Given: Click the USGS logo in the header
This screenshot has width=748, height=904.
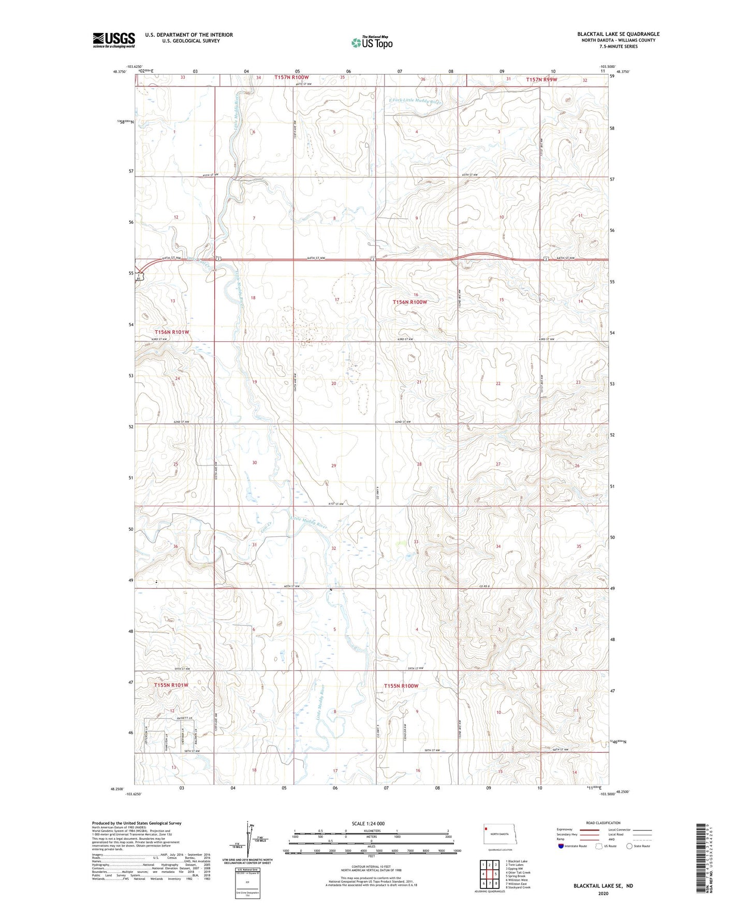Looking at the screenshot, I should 114,39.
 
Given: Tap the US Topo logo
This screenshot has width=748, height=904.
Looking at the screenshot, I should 372,42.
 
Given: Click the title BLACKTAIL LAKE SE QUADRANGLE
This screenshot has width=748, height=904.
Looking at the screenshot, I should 618,34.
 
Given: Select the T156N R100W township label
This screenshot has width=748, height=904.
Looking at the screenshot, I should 409,302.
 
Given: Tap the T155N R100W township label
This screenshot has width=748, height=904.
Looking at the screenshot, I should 401,686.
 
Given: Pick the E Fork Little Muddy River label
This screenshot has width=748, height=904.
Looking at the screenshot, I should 416,101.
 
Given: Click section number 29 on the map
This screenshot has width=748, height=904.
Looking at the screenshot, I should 333,465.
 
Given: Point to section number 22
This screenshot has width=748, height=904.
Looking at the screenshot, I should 498,383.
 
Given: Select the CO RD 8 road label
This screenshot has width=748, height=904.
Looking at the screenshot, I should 484,586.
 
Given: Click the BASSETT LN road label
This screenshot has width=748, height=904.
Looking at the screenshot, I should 184,719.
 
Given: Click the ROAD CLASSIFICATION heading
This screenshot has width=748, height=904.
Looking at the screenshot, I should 603,823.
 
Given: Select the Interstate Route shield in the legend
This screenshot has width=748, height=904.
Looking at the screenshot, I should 562,846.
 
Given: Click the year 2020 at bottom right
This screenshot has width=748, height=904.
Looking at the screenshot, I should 603,893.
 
